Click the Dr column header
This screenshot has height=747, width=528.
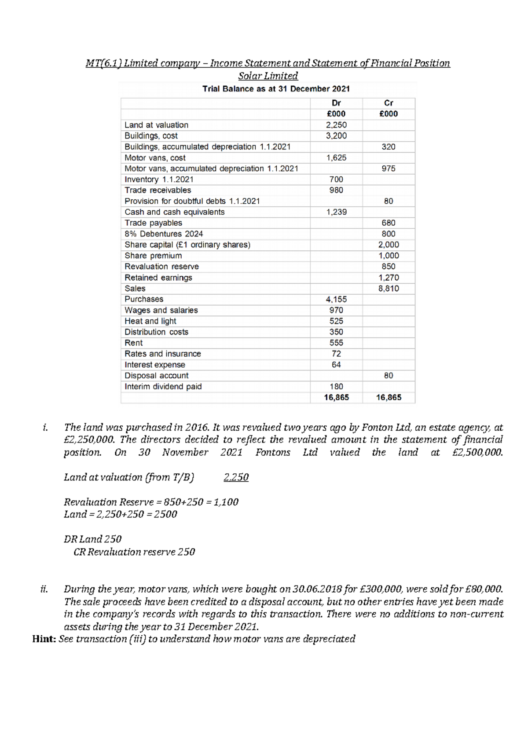(x=336, y=103)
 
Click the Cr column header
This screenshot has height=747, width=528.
(x=389, y=103)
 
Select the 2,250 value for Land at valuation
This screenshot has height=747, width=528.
(x=336, y=125)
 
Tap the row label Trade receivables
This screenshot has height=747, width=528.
(x=158, y=190)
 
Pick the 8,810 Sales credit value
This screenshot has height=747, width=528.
(x=389, y=289)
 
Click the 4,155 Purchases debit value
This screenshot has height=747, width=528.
(x=336, y=299)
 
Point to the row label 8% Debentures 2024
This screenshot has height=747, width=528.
(x=163, y=234)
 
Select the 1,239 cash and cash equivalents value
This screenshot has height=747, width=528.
(x=336, y=212)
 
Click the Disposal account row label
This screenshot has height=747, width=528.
(x=156, y=376)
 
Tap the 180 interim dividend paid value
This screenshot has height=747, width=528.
(x=336, y=386)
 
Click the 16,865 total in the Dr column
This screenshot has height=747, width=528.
(x=336, y=397)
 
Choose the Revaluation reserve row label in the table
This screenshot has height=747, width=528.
(x=161, y=267)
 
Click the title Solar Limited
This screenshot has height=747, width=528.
(x=268, y=76)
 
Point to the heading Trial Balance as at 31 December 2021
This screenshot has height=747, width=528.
(x=276, y=88)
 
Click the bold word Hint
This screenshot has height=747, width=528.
(x=43, y=639)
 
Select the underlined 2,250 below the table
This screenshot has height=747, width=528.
(x=236, y=477)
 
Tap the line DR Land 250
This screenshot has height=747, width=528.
(x=92, y=539)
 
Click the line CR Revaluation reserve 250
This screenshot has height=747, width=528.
(x=134, y=552)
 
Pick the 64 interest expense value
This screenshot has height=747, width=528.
(x=336, y=365)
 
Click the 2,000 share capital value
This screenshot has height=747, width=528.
(x=389, y=245)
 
